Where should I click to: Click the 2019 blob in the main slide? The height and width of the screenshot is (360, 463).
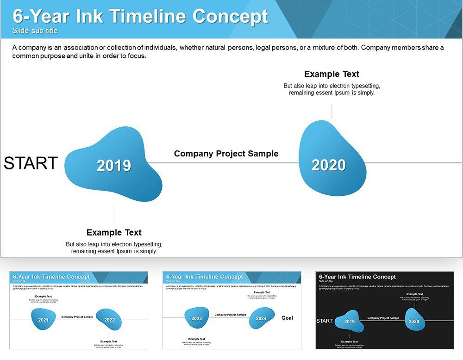(x=114, y=165)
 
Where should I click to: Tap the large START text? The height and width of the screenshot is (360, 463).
(x=31, y=163)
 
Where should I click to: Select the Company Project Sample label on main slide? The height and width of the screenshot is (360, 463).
(x=226, y=154)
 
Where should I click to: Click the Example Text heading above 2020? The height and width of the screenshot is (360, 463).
(x=332, y=74)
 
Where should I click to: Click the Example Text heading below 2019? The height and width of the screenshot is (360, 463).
(x=114, y=232)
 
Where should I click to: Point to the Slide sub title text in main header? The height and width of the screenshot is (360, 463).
(x=35, y=31)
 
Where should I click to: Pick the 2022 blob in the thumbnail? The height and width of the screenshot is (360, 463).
(x=109, y=319)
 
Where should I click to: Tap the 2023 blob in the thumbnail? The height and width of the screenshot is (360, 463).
(x=197, y=318)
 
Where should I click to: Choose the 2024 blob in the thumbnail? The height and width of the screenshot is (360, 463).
(x=262, y=318)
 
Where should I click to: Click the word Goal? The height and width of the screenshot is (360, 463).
(x=287, y=318)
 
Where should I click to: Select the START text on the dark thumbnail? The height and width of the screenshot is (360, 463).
(x=324, y=321)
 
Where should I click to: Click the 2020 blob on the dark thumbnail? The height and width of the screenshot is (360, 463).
(x=414, y=321)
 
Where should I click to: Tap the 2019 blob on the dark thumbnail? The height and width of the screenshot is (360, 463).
(x=350, y=322)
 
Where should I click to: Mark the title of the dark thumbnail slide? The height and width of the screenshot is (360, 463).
(x=357, y=277)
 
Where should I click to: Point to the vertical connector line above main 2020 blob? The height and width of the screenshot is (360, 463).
(x=332, y=112)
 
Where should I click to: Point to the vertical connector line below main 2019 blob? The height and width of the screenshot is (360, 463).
(x=114, y=213)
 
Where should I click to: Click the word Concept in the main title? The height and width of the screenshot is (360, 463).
(x=230, y=16)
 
